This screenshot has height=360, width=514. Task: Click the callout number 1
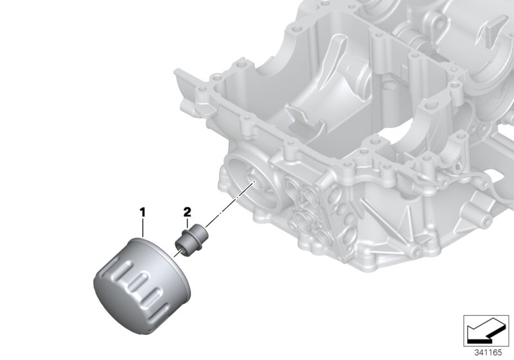[x=143, y=211]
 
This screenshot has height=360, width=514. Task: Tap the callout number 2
[x=187, y=211]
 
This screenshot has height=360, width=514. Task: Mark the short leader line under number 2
[x=187, y=222]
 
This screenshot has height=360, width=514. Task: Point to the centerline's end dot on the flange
[x=255, y=183]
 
